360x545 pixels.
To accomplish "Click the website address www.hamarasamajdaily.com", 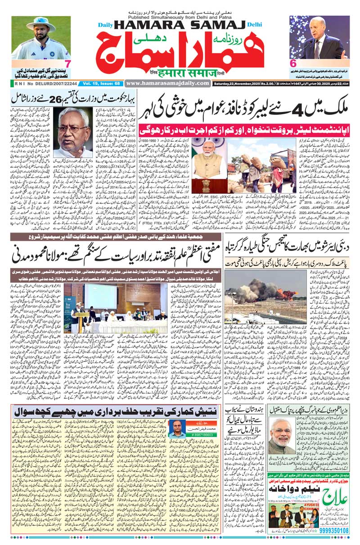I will tap(167, 83).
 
